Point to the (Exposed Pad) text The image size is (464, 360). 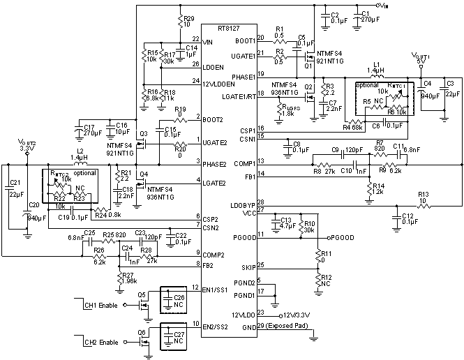pyautogui.click(x=286, y=327)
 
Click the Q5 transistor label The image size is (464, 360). pyautogui.click(x=142, y=294)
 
